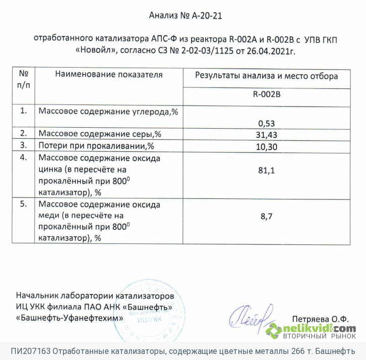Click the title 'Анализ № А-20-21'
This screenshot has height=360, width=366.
(186, 16)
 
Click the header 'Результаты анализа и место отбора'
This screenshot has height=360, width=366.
(267, 76)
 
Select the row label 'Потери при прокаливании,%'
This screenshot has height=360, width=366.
(96, 146)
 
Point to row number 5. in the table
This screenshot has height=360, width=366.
(23, 204)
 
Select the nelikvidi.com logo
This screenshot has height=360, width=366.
(311, 331)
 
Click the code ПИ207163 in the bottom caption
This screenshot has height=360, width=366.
(30, 351)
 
